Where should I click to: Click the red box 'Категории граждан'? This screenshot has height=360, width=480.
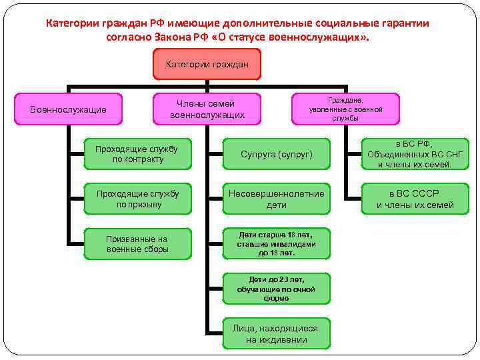[207, 65]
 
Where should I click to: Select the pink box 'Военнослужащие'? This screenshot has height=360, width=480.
[68, 109]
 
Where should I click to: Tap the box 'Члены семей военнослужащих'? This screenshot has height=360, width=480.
[207, 109]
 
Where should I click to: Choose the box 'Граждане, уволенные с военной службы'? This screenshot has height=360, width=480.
[346, 109]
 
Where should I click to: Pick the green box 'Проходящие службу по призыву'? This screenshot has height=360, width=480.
[137, 199]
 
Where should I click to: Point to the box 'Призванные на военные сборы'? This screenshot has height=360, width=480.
[137, 244]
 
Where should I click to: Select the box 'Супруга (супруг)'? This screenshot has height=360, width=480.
[276, 155]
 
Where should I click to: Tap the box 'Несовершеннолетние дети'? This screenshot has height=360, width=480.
[276, 199]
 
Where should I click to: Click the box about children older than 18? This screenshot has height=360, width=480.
[276, 244]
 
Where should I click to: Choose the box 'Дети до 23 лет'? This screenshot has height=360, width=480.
[276, 288]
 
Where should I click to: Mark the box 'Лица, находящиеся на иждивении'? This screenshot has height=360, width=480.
[276, 333]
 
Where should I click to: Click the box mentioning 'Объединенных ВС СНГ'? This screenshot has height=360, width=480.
[415, 155]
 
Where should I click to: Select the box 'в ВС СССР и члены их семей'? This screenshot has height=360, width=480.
[415, 199]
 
